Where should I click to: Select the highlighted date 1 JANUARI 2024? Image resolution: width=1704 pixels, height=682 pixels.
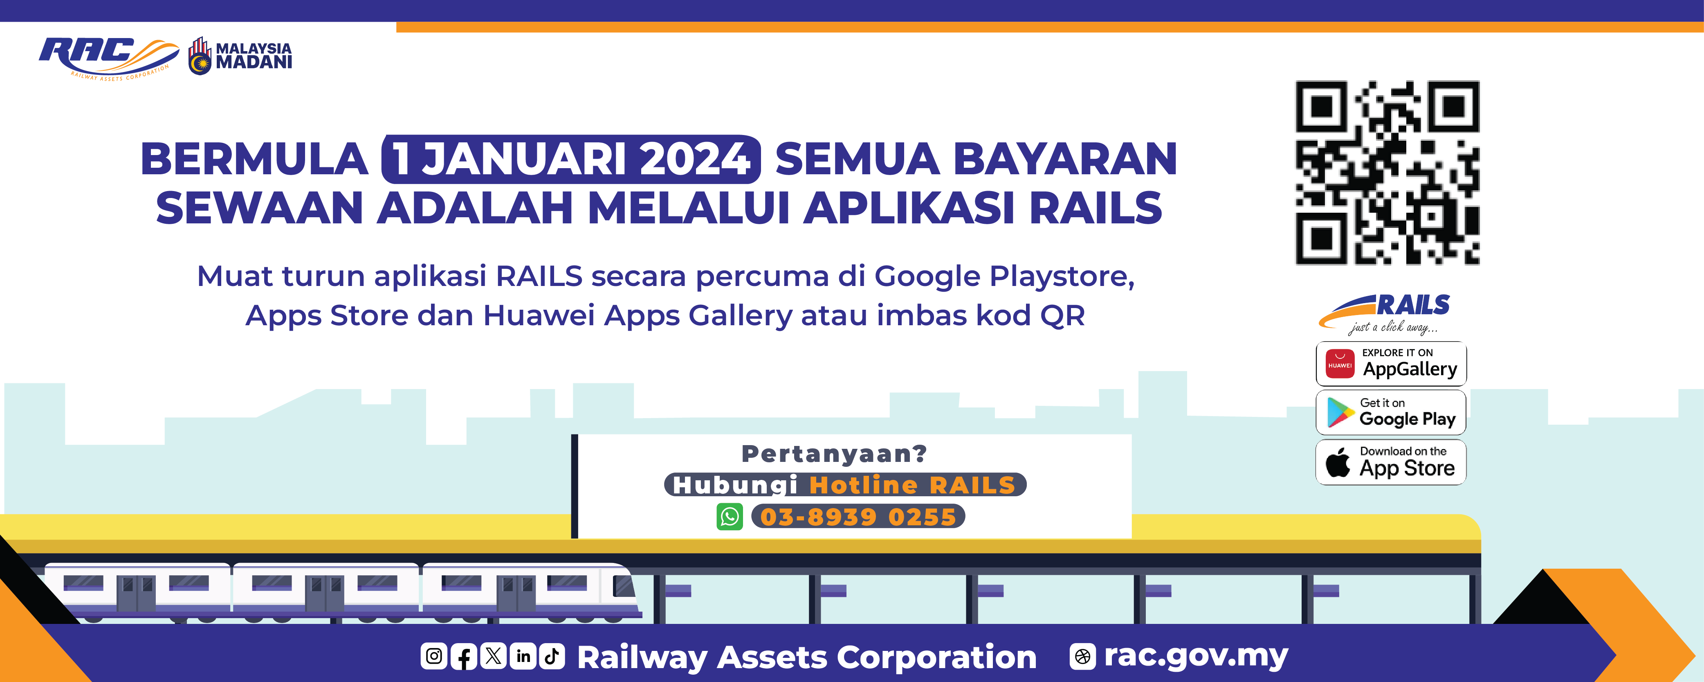point(571,160)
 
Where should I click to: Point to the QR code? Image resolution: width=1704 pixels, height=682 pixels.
point(1387,173)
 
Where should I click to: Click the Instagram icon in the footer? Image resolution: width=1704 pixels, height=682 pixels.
point(434,656)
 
